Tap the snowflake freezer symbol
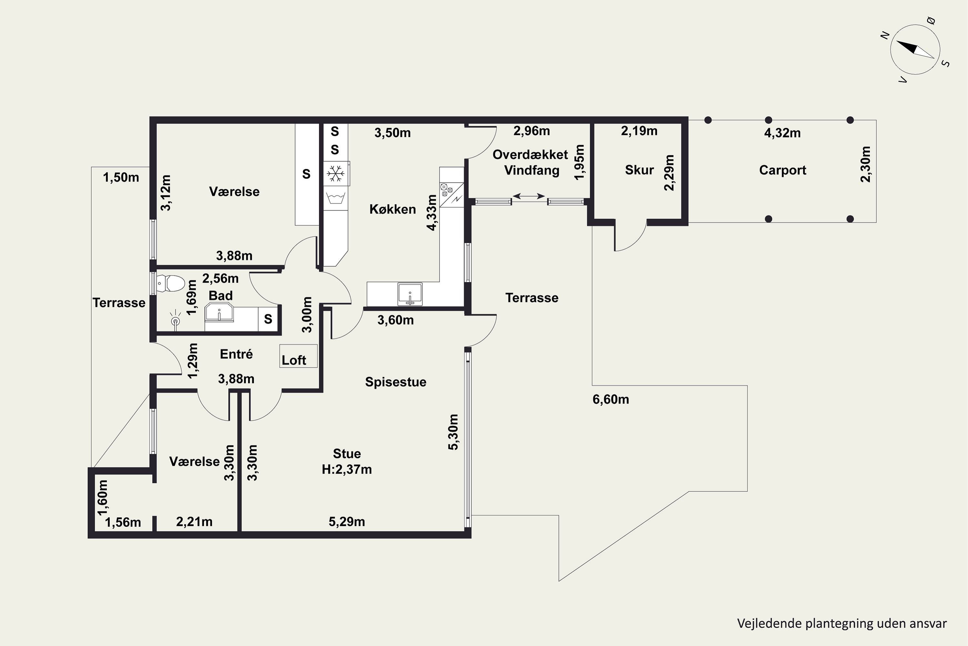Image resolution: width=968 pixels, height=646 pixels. (336, 173)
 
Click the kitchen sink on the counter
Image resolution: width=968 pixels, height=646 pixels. (410, 294)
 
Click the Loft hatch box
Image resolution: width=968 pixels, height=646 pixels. (298, 356)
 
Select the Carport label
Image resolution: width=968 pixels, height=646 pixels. (782, 170)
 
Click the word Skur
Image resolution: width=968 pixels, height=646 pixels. (639, 170)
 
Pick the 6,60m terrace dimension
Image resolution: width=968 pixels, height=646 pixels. (611, 399)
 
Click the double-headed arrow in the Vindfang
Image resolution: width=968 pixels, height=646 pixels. (529, 196)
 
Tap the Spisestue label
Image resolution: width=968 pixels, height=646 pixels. (396, 382)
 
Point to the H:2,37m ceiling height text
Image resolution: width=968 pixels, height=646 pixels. (347, 469)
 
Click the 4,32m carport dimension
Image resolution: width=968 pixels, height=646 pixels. (782, 133)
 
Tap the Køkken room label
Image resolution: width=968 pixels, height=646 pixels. (393, 209)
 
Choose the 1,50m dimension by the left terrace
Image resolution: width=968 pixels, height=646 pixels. (121, 178)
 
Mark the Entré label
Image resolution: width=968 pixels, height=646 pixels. (236, 354)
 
